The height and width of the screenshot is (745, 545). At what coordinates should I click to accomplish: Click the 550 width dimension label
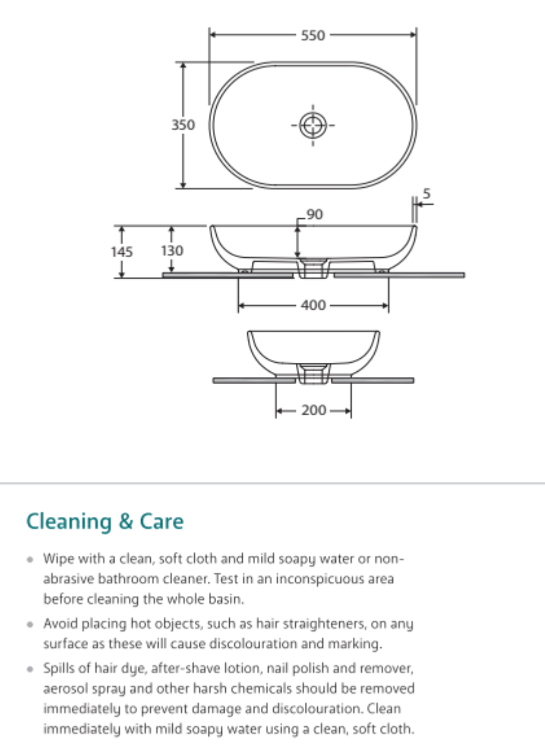[313, 36]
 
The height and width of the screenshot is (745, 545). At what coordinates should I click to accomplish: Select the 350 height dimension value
[183, 125]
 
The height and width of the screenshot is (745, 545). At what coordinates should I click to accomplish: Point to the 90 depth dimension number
[315, 214]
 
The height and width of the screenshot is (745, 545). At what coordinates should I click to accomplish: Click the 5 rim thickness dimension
[426, 193]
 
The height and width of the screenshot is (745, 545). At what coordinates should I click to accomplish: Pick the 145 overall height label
[121, 251]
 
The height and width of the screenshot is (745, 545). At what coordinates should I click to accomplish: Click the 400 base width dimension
[313, 305]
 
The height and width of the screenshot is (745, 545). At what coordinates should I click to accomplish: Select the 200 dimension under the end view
[314, 410]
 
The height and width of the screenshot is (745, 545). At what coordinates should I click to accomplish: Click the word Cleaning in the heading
[69, 521]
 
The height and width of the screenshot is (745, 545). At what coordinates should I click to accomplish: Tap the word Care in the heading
[160, 521]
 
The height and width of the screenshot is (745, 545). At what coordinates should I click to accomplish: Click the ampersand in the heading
[124, 522]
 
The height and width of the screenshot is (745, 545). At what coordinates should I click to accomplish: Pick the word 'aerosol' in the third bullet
[63, 688]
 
